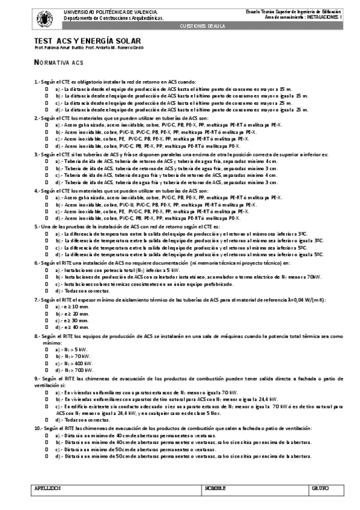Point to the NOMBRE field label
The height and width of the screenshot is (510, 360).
point(215,488)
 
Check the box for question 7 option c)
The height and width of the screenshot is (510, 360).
point(47,320)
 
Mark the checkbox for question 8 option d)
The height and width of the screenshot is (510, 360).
point(47,370)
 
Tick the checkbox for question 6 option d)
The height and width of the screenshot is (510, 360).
point(47,290)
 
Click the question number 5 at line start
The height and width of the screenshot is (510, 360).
point(37,226)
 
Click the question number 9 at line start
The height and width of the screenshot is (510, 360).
point(37,378)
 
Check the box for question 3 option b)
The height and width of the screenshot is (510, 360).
point(47,168)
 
